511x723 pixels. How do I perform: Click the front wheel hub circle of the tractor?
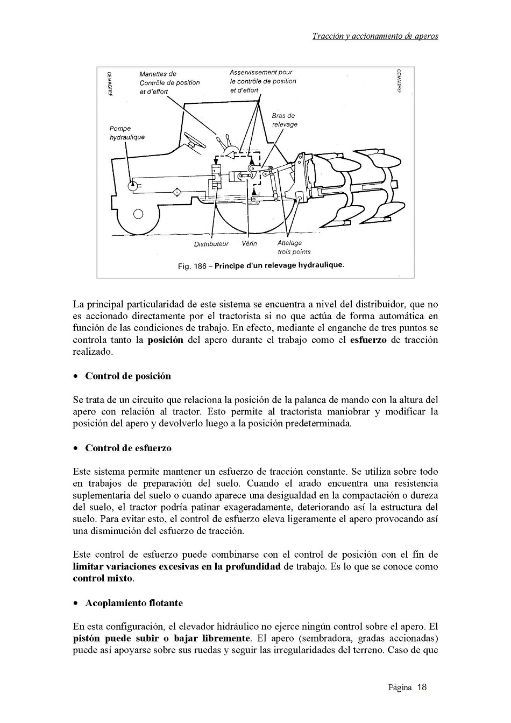coord(138,214)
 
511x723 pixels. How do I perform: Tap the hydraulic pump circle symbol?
coord(132,186)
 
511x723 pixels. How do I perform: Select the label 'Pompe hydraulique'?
coord(126,133)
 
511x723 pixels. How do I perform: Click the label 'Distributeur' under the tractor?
coord(211,244)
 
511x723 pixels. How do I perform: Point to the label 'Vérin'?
coord(250,244)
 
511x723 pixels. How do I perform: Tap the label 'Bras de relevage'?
coord(284,120)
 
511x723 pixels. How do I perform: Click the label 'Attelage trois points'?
coord(293,247)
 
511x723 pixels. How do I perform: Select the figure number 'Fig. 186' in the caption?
coord(191,266)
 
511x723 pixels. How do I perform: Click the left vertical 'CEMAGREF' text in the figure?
coord(109,81)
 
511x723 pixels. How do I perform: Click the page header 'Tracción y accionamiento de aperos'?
coord(375,37)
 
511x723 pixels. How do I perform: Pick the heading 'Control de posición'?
coord(127,376)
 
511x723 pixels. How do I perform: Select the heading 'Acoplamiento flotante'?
coord(133,603)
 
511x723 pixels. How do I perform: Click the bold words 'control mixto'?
coord(103,579)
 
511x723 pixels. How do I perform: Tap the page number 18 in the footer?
coord(422,687)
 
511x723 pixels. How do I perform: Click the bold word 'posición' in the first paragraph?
coord(165,340)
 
